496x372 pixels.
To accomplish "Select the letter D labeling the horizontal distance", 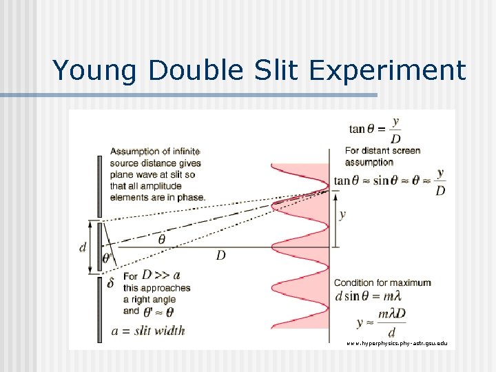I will coord(220,256).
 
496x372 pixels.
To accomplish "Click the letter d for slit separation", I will coord(83,247).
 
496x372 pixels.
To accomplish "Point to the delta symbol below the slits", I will coord(110,282).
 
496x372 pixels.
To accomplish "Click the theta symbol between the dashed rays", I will coord(162,239).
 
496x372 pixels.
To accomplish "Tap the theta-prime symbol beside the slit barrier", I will coord(107,259).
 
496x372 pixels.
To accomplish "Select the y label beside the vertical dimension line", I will coord(342,214).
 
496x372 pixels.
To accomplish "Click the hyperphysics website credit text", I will coord(396,342).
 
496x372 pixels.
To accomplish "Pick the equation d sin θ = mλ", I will coord(367,296).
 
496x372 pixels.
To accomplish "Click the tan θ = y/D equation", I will coord(376,129).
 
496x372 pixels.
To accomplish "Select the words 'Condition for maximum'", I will coord(382,282).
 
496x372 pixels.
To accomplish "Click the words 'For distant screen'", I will coord(382,151).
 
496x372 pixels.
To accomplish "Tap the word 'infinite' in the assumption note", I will coord(183,152).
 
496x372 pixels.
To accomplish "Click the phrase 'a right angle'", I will coord(149,299).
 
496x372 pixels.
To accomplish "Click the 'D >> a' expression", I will coord(160,275).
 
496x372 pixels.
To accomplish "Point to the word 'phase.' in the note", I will coord(190,197).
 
